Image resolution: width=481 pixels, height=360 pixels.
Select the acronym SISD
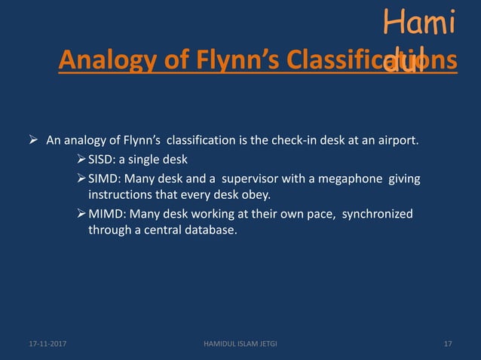click(x=103, y=159)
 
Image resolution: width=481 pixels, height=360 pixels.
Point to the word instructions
click(x=121, y=195)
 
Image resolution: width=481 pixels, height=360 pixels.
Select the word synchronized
click(x=378, y=214)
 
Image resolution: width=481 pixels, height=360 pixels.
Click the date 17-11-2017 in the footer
click(x=41, y=344)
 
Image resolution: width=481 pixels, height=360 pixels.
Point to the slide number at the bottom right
click(x=448, y=344)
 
